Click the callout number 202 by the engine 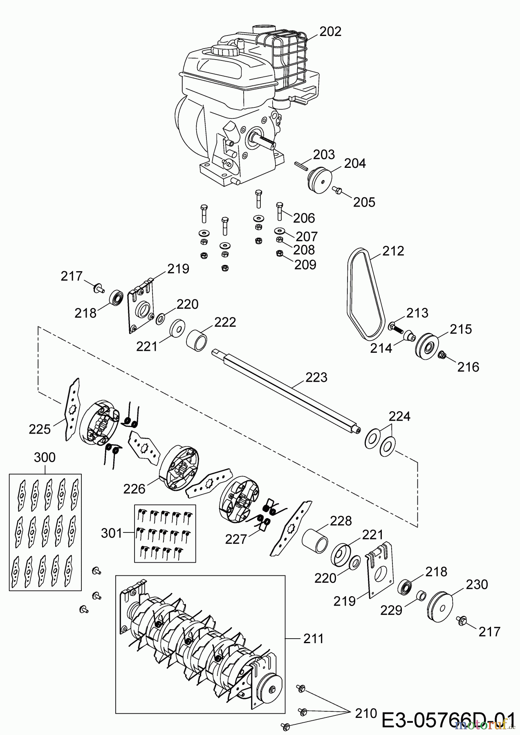330,31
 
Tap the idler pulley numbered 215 427,347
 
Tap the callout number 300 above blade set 44,457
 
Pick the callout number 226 134,488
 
